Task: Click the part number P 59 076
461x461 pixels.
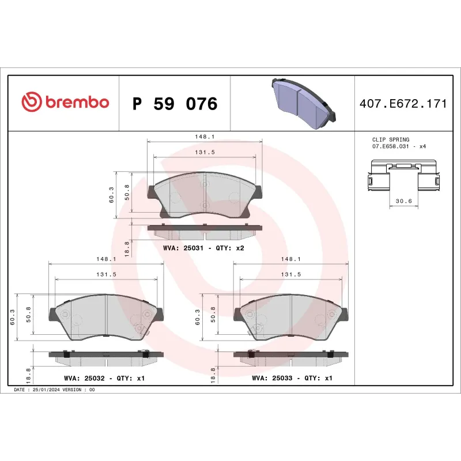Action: click(175, 104)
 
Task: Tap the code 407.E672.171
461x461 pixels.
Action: click(403, 104)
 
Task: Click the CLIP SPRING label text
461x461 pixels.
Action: click(391, 139)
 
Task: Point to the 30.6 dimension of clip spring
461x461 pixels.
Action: click(403, 201)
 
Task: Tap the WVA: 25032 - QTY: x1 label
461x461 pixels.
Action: click(104, 379)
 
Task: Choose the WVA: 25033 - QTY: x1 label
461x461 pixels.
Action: click(292, 379)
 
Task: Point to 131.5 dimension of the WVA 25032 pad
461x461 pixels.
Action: click(106, 274)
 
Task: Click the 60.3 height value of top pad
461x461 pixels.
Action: click(112, 195)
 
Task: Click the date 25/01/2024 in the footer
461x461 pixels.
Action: click(46, 390)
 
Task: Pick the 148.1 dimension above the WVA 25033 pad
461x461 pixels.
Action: click(291, 259)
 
